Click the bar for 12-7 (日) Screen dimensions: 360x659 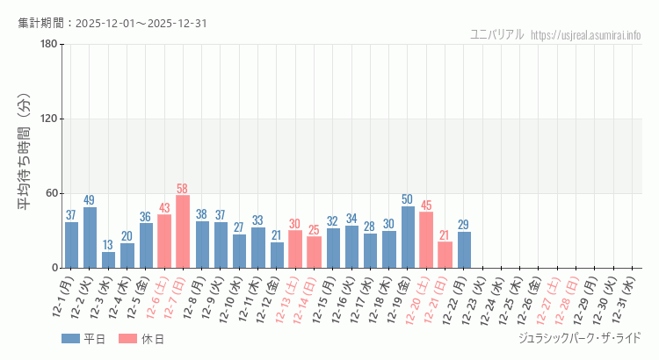point(183,232)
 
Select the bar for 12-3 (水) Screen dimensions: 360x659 point(108,260)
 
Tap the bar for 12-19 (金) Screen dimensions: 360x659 point(408,237)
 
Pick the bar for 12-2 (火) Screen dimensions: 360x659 point(90,237)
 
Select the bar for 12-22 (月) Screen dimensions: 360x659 point(464,249)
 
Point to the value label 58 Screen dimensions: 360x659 point(183,189)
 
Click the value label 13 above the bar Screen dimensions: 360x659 point(108,245)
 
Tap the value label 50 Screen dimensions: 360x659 point(408,199)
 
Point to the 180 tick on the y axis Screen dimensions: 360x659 point(48,45)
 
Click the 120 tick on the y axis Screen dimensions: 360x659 point(48,119)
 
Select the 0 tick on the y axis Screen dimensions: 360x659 point(54,268)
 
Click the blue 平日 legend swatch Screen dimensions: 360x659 point(71,338)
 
